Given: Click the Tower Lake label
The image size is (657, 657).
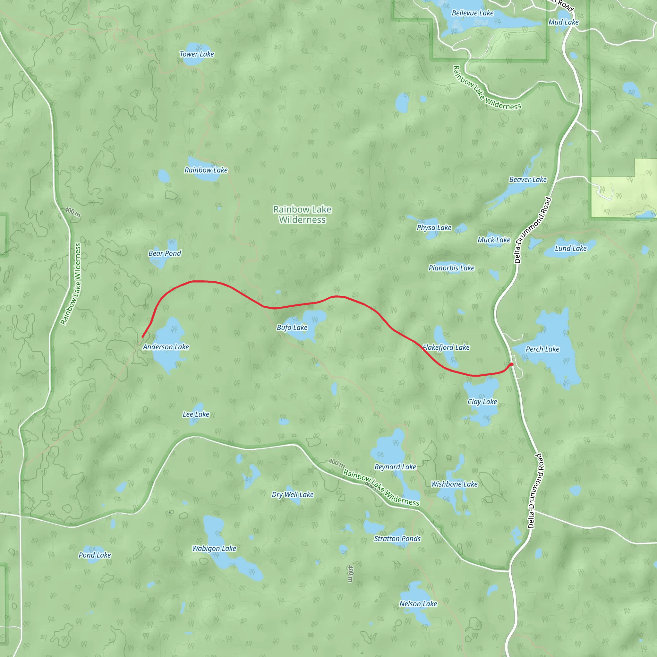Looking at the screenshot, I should (197, 54).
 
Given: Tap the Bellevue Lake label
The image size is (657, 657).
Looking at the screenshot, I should (472, 13).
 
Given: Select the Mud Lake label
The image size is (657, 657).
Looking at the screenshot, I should (563, 22).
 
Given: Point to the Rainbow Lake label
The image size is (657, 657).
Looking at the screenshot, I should (206, 170).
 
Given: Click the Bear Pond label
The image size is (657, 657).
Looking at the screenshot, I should (165, 253).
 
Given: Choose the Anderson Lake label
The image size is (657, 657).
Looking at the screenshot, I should (166, 347).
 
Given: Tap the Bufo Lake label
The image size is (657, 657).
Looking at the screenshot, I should (292, 328).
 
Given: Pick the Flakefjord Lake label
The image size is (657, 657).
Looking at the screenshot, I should (446, 347).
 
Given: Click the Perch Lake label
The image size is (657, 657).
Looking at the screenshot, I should (542, 349).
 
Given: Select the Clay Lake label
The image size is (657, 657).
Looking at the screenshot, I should (482, 402).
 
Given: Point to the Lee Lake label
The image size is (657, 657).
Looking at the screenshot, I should (196, 414).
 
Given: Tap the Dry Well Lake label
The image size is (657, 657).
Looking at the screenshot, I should (293, 494).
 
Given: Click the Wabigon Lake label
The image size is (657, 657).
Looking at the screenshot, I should (214, 548).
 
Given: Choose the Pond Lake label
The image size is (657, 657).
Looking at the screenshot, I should (95, 555).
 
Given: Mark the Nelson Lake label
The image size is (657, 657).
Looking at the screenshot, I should (418, 604).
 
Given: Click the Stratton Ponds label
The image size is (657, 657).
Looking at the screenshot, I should (397, 539).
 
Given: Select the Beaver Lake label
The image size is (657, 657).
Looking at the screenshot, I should (528, 180).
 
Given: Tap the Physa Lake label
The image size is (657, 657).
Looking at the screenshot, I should (434, 227).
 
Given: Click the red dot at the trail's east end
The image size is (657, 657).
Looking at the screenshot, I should (511, 364).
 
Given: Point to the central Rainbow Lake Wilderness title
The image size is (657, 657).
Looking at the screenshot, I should (302, 215).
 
